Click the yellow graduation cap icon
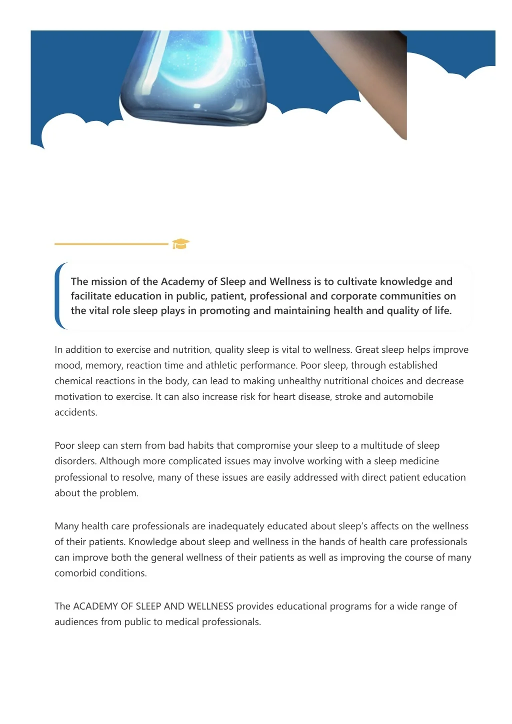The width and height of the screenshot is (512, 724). point(180,244)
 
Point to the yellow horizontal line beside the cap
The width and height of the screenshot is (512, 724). point(111,244)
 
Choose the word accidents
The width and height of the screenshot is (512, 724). point(75,413)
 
